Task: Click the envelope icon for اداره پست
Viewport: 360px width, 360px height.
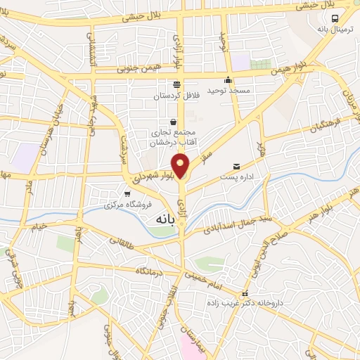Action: coord(236,167)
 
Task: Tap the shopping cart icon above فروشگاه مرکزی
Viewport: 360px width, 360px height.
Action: coord(127,193)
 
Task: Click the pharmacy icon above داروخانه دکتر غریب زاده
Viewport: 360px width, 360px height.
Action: coord(244,292)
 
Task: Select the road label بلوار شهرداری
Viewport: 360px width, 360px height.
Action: coord(149,174)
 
